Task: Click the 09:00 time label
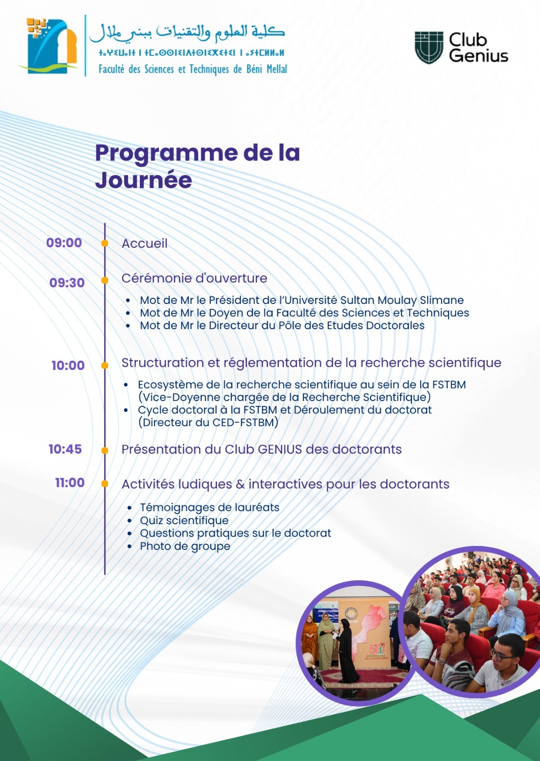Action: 64,243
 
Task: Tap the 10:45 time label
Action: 65,449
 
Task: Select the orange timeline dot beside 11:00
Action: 105,484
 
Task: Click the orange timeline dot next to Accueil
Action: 105,244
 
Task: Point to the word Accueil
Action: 145,244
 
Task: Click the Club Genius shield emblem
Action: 429,48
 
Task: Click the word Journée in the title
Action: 143,180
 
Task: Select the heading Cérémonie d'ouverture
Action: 194,278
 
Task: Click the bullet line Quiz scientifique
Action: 184,520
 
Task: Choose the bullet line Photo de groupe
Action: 185,546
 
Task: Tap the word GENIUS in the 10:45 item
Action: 280,449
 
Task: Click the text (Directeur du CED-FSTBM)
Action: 208,422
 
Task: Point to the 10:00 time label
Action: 68,365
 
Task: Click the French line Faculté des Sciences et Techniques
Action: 193,69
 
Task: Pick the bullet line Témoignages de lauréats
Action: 209,507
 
